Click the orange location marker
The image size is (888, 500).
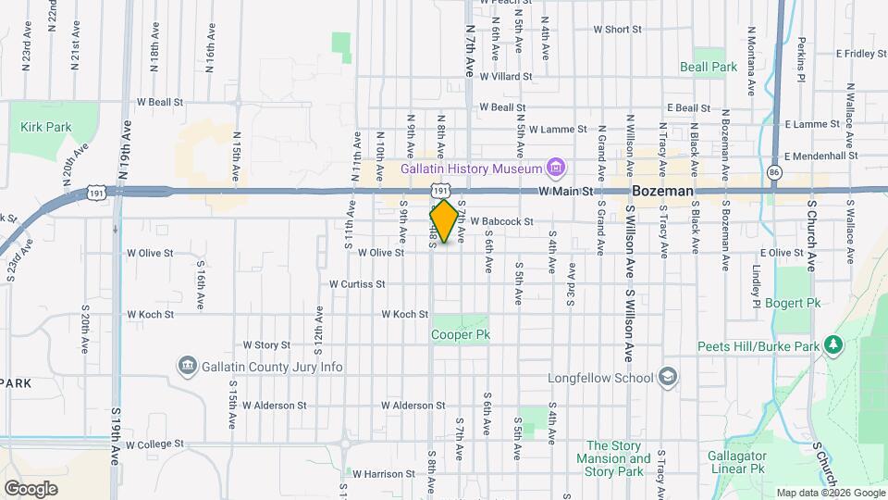pyautogui.click(x=444, y=221)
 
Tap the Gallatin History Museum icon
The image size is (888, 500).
pyautogui.click(x=555, y=168)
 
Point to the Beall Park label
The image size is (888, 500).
pyautogui.click(x=709, y=67)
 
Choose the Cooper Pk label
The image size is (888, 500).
pyautogui.click(x=461, y=334)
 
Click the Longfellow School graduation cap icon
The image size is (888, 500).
pyautogui.click(x=668, y=378)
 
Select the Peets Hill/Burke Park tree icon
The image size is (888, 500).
pyautogui.click(x=834, y=345)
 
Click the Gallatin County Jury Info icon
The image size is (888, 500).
pyautogui.click(x=187, y=367)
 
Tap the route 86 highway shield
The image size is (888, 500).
pyautogui.click(x=774, y=172)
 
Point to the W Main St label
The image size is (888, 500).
pyautogui.click(x=565, y=192)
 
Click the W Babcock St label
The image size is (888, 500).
pyautogui.click(x=502, y=222)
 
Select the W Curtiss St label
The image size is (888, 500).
pyautogui.click(x=357, y=284)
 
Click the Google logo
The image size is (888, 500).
pyautogui.click(x=31, y=488)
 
